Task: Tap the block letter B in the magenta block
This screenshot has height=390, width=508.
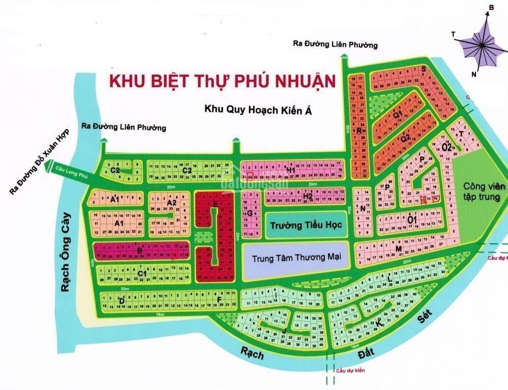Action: tap(139, 250)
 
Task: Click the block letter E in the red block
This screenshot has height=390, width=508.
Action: tap(215, 204)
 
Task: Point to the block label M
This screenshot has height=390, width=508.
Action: tap(399, 248)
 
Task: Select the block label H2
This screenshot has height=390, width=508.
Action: tap(308, 196)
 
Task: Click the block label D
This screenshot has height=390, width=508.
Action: tap(122, 301)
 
